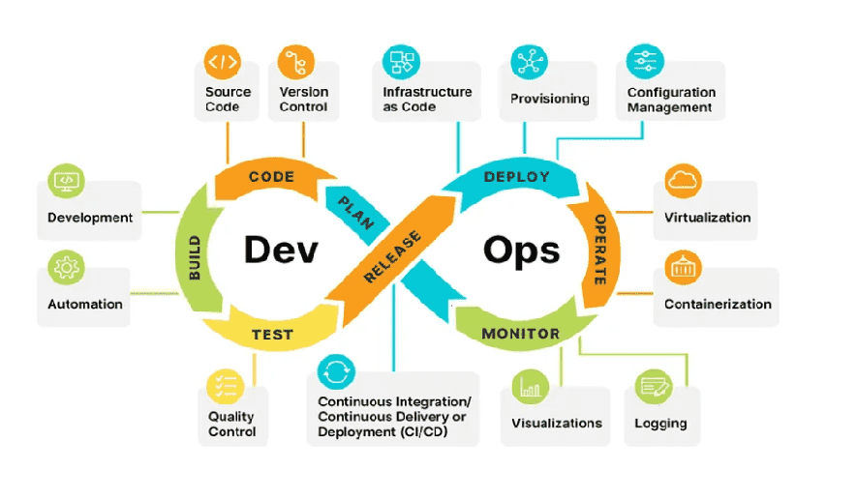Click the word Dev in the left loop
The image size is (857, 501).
[281, 250]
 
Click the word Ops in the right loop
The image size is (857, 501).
[521, 250]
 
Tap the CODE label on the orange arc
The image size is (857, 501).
[271, 177]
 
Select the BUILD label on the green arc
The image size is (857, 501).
[194, 258]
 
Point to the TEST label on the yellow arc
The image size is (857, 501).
[272, 336]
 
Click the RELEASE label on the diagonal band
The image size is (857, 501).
[392, 256]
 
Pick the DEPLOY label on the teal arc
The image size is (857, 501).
[516, 177]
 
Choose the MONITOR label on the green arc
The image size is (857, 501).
[521, 334]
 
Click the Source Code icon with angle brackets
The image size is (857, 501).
[223, 63]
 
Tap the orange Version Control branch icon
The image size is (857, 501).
[296, 63]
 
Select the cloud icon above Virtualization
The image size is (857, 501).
[684, 180]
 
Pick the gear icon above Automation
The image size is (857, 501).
[67, 266]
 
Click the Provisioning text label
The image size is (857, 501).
[550, 99]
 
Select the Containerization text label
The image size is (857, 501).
[718, 304]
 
